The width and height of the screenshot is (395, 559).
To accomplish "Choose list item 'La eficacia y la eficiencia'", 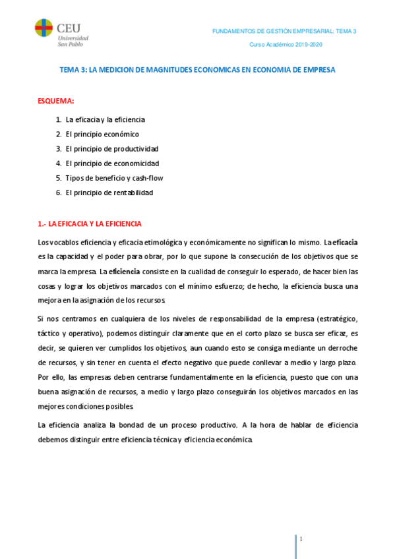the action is click(105, 119).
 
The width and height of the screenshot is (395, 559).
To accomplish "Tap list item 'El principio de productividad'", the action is click(111, 148).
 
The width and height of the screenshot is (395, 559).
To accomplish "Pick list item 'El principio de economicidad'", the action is click(112, 163).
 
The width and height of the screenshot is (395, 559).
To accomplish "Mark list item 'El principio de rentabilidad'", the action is click(109, 192).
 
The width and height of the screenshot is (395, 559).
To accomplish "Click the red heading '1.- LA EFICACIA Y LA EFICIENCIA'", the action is click(90, 224).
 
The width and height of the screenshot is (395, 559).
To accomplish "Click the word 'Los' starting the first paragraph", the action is click(45, 243).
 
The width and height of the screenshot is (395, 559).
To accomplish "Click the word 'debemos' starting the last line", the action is click(53, 440).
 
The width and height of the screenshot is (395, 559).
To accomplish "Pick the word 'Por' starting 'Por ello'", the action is click(44, 377).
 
